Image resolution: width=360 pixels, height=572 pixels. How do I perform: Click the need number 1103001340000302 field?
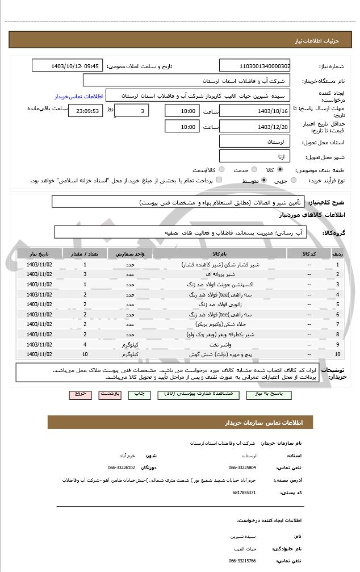(254, 66)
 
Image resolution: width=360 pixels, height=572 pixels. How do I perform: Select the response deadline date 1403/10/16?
(254, 111)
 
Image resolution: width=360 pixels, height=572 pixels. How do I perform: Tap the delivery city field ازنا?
(254, 156)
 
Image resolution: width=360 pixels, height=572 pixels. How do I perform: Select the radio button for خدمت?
(254, 170)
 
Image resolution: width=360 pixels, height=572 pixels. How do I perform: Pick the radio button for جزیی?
(293, 180)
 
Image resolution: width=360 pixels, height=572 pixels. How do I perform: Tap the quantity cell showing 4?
(85, 344)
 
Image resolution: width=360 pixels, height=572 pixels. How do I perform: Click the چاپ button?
(139, 394)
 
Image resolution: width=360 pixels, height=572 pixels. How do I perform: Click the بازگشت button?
(110, 394)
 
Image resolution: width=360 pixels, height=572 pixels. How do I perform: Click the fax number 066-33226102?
(122, 467)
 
